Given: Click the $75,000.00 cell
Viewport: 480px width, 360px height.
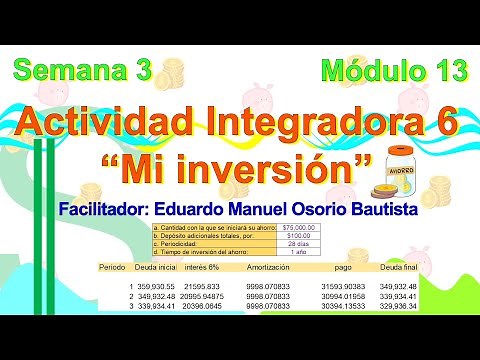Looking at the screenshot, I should pyautogui.click(x=300, y=228).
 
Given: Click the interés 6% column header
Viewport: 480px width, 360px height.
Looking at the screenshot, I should pyautogui.click(x=204, y=267).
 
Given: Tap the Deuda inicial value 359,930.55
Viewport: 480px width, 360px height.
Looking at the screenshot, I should pyautogui.click(x=155, y=287).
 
